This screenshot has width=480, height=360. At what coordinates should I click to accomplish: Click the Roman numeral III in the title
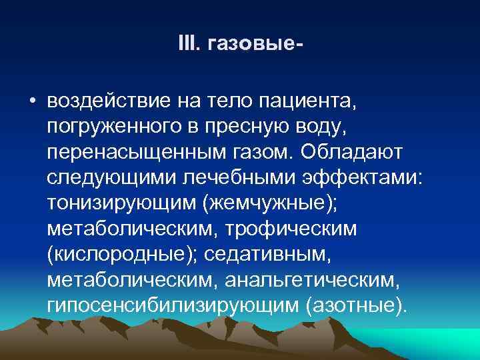point(186,44)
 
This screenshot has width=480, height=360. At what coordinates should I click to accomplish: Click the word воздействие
point(107,102)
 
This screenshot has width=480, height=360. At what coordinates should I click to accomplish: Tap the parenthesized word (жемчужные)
point(275,203)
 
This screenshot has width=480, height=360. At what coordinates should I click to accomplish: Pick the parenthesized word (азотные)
point(354,305)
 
